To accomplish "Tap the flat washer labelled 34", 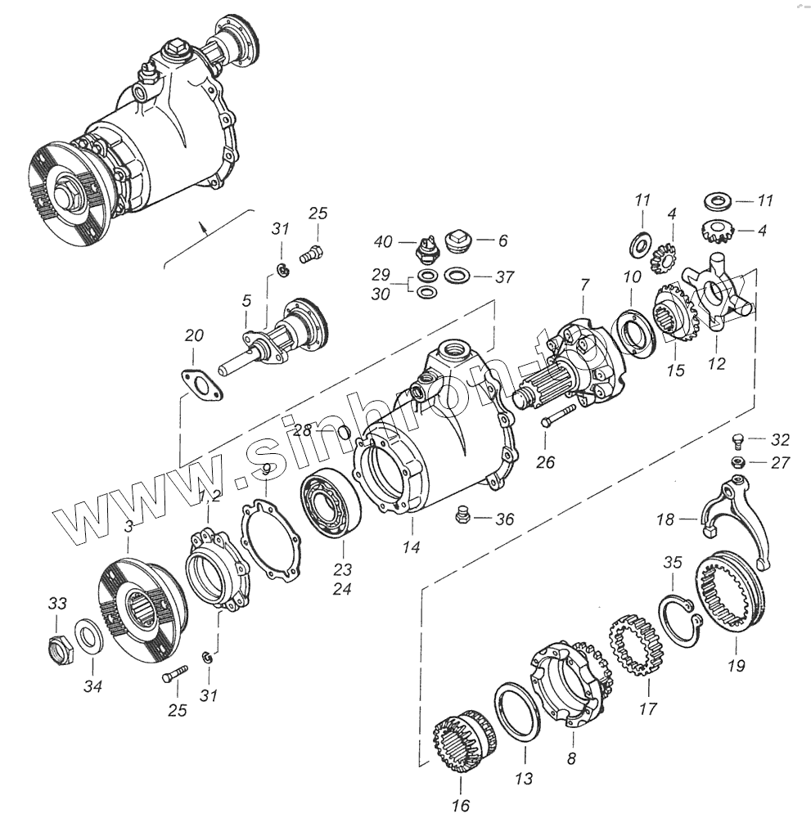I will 88,636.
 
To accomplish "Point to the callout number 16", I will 461,807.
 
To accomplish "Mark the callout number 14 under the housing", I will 412,547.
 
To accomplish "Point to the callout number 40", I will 384,241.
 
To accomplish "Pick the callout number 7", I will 584,284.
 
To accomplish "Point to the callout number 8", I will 571,759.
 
